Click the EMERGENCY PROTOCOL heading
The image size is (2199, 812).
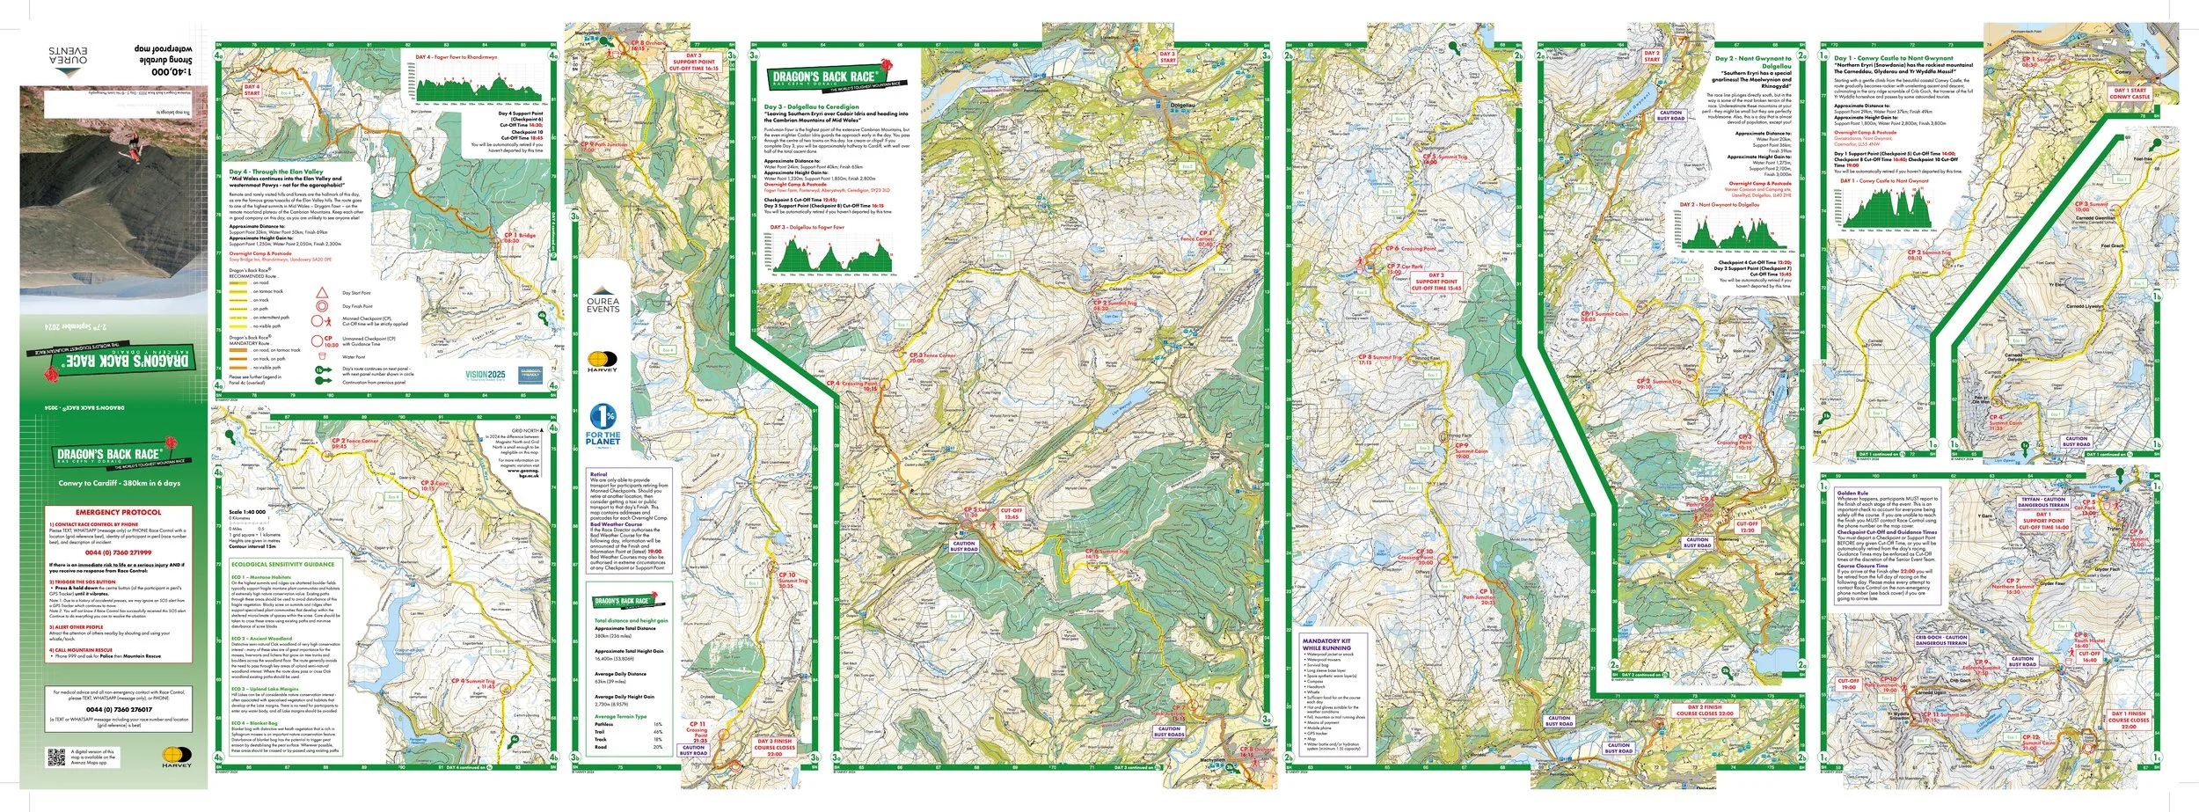[118, 512]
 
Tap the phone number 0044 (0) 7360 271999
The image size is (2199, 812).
[118, 553]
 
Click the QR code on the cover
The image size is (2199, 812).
[56, 757]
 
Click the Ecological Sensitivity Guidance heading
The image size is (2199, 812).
[282, 564]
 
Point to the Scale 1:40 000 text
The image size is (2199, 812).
[247, 512]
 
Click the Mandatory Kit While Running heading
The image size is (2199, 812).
[1327, 644]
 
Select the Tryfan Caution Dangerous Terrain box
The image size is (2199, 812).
[2042, 502]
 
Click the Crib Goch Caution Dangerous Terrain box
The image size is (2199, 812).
[1941, 640]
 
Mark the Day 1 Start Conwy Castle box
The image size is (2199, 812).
[2130, 93]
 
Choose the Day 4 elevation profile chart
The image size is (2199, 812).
[479, 85]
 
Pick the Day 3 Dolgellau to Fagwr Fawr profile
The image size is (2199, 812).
[830, 252]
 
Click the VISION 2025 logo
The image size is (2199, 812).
[486, 375]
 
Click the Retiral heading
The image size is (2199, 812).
[598, 474]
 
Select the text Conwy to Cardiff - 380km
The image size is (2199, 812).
[119, 483]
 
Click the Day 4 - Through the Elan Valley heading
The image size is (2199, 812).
[276, 172]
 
